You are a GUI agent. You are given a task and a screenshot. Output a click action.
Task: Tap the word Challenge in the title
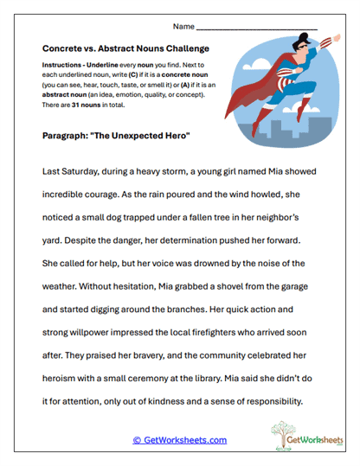pos(184,49)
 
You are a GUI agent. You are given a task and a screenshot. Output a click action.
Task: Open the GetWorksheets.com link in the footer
pos(179,440)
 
